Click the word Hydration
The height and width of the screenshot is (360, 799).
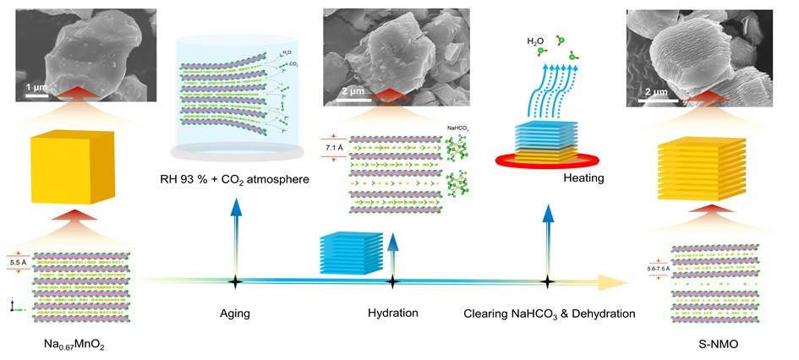pos(393,313)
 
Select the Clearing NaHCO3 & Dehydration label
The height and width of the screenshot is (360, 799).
pos(550,314)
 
